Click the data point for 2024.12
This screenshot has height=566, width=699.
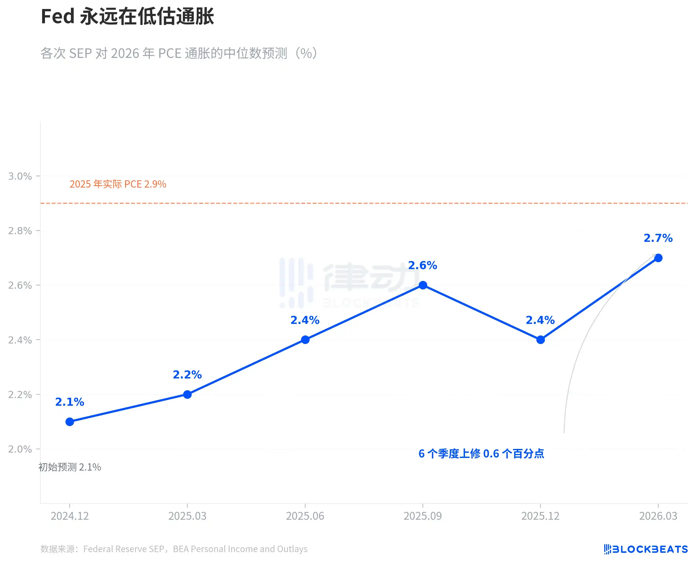[70, 422]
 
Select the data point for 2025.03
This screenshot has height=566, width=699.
[187, 394]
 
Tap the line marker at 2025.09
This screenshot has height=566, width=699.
[423, 285]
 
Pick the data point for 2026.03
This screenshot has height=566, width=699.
[658, 258]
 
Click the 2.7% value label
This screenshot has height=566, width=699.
[658, 238]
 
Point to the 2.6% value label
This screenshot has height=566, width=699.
[423, 266]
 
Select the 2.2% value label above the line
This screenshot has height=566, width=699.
[187, 375]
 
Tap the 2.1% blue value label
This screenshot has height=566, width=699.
[70, 402]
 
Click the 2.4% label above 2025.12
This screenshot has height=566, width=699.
[540, 320]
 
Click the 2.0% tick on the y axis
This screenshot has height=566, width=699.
[20, 449]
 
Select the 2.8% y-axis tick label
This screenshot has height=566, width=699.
[20, 231]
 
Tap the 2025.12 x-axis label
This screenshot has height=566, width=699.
[540, 516]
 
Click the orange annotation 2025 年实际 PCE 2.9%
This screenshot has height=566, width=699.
[118, 184]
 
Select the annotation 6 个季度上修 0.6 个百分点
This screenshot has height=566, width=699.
[481, 454]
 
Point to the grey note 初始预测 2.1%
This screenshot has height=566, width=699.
[70, 467]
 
